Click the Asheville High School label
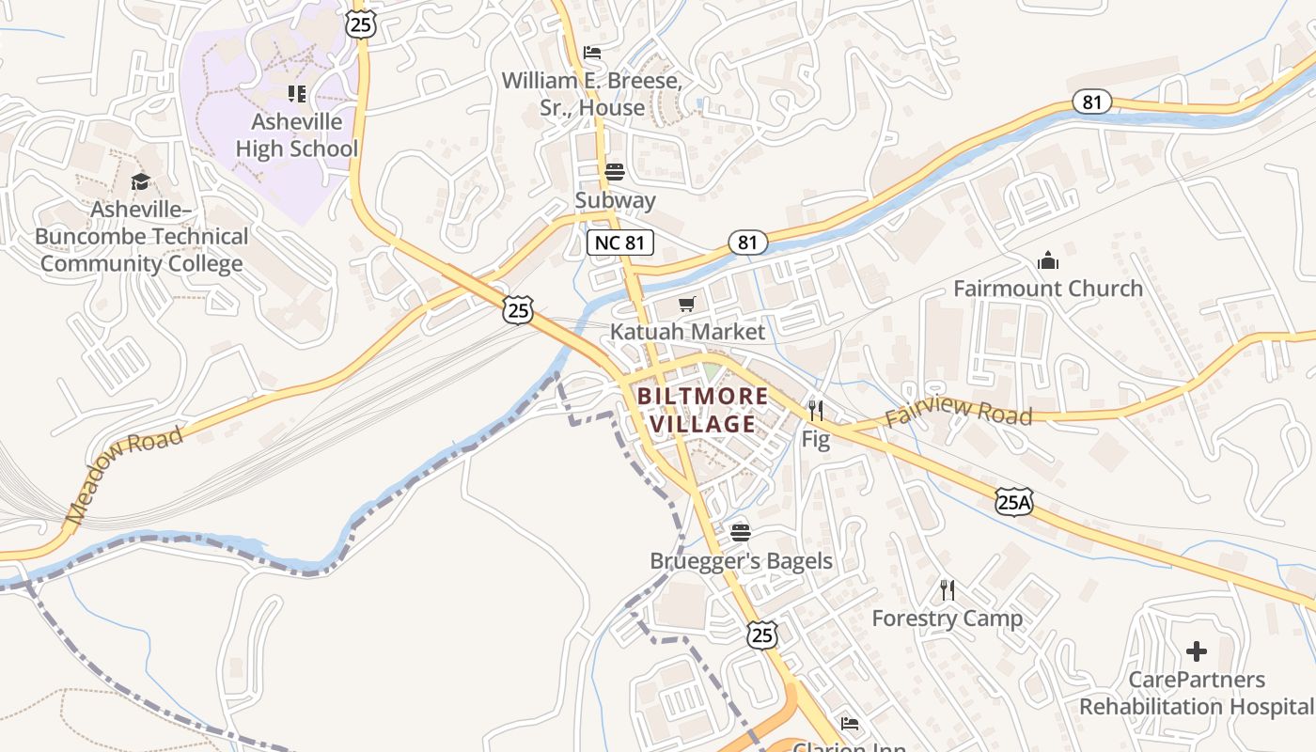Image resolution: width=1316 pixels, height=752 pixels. [297, 135]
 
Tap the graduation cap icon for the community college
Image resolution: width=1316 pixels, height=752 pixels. [140, 181]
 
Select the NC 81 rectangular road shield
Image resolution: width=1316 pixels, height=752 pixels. [620, 243]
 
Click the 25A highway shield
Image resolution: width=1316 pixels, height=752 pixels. [1014, 502]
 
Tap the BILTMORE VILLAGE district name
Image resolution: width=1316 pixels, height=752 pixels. [702, 410]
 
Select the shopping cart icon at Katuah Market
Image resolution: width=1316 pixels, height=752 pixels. [687, 304]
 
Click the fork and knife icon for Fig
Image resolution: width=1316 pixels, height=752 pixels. [815, 411]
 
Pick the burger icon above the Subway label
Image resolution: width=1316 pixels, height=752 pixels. [615, 172]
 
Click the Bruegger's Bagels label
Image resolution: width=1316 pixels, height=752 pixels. [741, 561]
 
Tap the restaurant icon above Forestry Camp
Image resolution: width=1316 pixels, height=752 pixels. [948, 590]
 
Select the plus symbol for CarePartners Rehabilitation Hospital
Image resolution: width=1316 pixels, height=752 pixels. [1196, 650]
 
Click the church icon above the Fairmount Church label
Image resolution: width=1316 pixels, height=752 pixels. [1047, 260]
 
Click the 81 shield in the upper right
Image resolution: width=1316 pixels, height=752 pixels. [1091, 102]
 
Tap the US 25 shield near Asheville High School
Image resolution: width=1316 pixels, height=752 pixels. [361, 23]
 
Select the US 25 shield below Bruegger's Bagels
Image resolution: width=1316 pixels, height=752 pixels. [762, 634]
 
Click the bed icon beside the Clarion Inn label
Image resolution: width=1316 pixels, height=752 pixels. [849, 723]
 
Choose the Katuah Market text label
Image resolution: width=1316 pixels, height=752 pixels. [687, 332]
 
